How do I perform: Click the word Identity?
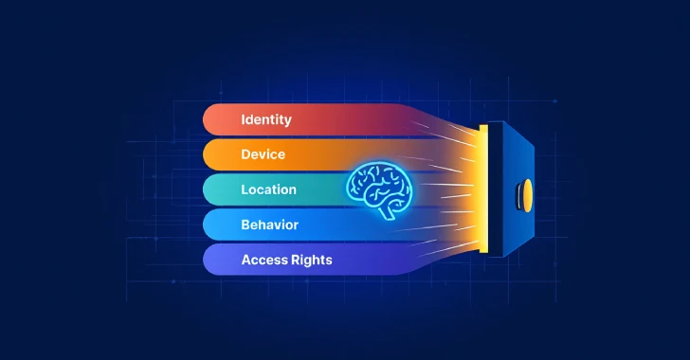(x=266, y=120)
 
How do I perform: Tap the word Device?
(x=263, y=154)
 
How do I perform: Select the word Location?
(x=268, y=189)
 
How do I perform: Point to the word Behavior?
(x=269, y=225)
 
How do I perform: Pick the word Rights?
(x=311, y=260)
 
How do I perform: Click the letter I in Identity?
(x=244, y=120)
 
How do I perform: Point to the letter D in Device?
(x=245, y=154)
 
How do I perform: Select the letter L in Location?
(x=245, y=189)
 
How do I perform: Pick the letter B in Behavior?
(x=245, y=225)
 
